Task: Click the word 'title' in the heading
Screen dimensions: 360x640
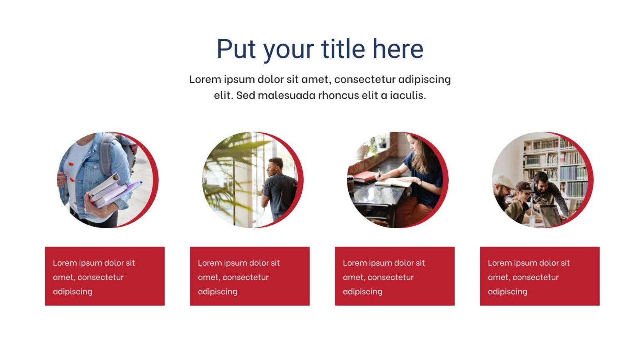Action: click(342, 49)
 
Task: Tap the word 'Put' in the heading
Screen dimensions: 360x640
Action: click(236, 49)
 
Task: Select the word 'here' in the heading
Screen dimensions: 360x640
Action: click(398, 49)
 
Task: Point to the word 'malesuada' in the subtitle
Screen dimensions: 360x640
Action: click(287, 95)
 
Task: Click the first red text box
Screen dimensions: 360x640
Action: click(105, 276)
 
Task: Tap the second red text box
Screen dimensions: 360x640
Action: click(250, 276)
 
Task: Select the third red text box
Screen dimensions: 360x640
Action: click(395, 276)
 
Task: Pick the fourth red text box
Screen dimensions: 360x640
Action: click(540, 276)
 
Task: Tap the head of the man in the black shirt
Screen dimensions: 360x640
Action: click(275, 167)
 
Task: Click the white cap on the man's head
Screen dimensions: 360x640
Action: click(502, 181)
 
